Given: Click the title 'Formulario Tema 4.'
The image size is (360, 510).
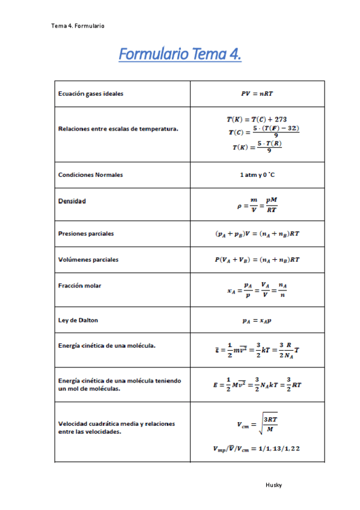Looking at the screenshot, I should point(180,55).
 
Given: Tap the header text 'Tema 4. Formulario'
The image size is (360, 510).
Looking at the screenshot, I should point(78,26).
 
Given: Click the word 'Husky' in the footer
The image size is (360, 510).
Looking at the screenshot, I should point(273,485).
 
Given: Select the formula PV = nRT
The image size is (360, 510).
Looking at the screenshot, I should point(257,94).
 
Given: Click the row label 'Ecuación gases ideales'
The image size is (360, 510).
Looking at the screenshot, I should point(91,94).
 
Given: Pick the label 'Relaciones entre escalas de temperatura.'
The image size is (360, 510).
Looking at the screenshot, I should point(118,128).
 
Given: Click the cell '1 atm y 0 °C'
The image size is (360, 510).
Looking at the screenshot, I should point(257,174).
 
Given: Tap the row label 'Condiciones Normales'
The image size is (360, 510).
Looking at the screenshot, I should point(91,174).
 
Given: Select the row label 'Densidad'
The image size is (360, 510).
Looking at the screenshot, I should point(72,201).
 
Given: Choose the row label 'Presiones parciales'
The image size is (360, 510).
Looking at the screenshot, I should point(86,233).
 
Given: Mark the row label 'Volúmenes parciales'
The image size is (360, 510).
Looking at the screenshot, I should point(88,260).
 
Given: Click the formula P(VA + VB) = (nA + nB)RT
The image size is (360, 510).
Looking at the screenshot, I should point(257,260).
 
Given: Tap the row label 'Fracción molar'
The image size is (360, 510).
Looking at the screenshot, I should point(80,286).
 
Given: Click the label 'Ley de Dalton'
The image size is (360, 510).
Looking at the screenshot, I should point(78,320).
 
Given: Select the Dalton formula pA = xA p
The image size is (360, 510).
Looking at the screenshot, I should point(257,321).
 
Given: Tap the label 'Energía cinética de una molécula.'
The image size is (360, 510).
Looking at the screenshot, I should point(108,346).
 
